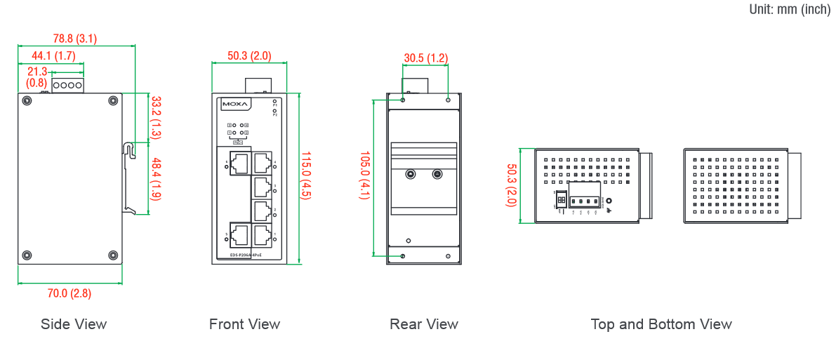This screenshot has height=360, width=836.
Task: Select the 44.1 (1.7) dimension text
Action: (53, 55)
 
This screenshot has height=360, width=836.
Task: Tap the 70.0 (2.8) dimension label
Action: (69, 293)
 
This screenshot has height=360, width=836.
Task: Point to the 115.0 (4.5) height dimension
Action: (306, 175)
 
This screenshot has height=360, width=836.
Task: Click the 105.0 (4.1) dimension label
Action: (364, 175)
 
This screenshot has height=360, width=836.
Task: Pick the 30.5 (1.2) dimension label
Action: (425, 58)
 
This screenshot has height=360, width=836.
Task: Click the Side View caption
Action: (74, 324)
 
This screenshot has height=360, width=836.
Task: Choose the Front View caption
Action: (244, 324)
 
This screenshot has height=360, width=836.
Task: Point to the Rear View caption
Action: (424, 324)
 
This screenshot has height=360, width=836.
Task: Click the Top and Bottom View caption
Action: (661, 324)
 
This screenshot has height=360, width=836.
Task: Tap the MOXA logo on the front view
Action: (235, 105)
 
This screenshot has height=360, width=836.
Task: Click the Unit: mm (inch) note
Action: (790, 9)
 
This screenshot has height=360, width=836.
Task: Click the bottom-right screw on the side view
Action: (113, 255)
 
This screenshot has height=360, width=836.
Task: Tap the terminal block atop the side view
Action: (67, 85)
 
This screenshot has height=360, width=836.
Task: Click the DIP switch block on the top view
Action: (561, 200)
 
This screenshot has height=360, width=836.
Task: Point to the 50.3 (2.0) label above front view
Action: (249, 55)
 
